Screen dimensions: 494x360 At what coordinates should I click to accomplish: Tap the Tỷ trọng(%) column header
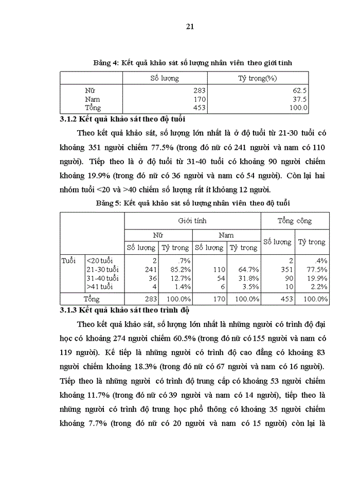tap(257, 78)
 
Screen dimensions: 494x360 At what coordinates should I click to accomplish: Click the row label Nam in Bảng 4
tap(93, 99)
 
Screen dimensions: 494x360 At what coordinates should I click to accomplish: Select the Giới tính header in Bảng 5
tap(192, 220)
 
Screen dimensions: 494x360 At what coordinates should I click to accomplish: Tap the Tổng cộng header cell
tap(295, 221)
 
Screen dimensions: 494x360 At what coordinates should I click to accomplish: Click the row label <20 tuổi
tap(100, 261)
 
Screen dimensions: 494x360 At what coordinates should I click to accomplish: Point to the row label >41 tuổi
tap(100, 287)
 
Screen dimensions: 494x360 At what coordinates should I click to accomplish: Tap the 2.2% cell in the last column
tap(319, 287)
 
